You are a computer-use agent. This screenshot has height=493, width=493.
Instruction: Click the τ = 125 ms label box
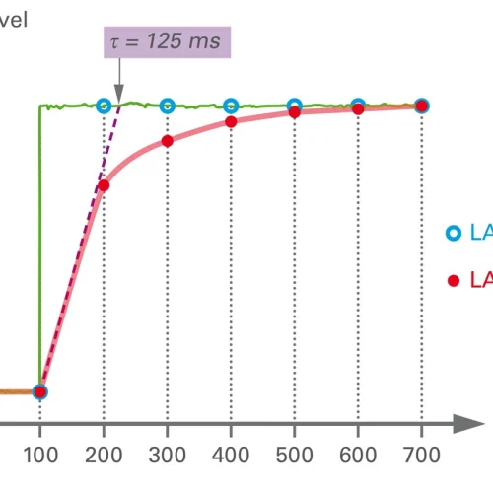[x=167, y=43]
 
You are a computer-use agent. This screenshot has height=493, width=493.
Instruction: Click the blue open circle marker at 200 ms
[x=104, y=106]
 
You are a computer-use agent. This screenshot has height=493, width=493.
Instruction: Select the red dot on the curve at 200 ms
[x=104, y=185]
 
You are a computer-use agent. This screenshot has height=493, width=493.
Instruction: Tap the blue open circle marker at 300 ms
[x=167, y=106]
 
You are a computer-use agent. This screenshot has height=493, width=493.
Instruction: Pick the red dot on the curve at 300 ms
[x=167, y=141]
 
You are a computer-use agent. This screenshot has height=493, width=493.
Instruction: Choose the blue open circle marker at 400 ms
[x=231, y=106]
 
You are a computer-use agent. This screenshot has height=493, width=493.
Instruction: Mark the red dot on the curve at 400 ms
[x=231, y=122]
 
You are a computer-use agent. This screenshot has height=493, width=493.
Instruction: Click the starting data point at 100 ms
[x=39, y=391]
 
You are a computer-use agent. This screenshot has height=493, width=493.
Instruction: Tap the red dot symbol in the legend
[x=453, y=280]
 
